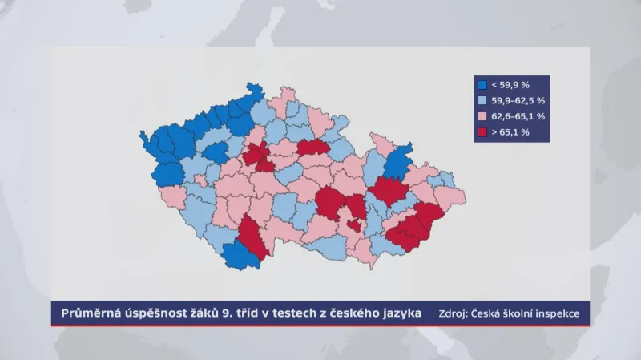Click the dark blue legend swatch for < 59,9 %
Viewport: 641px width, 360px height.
pos(482,85)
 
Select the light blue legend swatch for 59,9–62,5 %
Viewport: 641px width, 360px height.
pos(482,100)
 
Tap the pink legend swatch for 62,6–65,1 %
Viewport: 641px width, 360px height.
pos(482,116)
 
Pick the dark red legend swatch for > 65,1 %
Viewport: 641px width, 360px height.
pos(482,131)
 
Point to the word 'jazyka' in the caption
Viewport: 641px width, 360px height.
pos(399,313)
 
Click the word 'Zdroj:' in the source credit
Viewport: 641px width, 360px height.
pos(453,313)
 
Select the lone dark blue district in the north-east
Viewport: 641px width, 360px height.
pos(397,165)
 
